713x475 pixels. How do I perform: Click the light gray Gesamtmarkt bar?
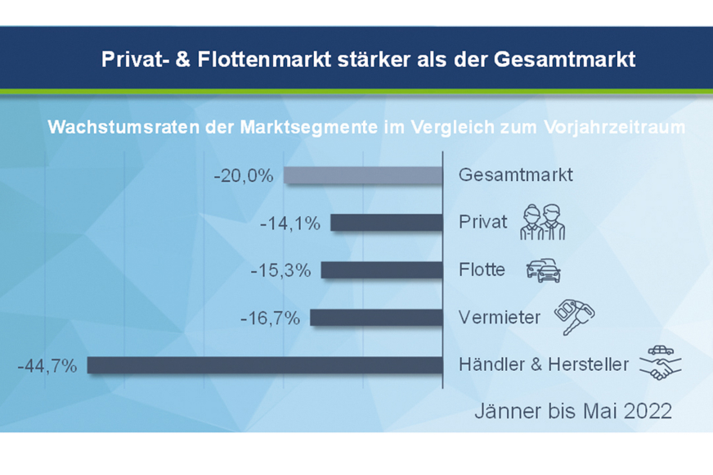coord(363,175)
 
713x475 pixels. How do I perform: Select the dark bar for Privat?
coord(387,223)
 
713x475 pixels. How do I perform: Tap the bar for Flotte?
coord(382,270)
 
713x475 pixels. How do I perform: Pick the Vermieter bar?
coord(376,318)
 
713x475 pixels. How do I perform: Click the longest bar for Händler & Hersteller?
coord(265,365)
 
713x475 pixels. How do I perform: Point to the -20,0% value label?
coord(244,176)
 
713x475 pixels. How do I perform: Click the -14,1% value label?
coord(290,224)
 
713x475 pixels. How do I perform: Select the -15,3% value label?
coord(280,270)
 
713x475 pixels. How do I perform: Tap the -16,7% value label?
coord(270,319)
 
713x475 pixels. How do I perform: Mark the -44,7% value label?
coord(47,366)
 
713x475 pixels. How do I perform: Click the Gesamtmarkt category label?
coord(516,175)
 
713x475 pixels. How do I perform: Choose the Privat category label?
coord(482,222)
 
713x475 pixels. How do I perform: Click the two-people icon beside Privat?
coord(542,222)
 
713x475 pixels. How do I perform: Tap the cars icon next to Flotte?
coord(544,270)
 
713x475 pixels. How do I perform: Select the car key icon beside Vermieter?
coord(574,317)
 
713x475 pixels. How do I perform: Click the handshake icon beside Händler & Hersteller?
coord(660,364)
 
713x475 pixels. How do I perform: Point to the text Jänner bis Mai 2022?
coord(573,411)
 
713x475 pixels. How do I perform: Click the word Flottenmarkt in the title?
coord(265,59)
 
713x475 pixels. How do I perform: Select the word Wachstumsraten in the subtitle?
coord(123,127)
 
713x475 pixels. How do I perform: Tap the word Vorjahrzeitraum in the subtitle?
coord(615,127)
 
